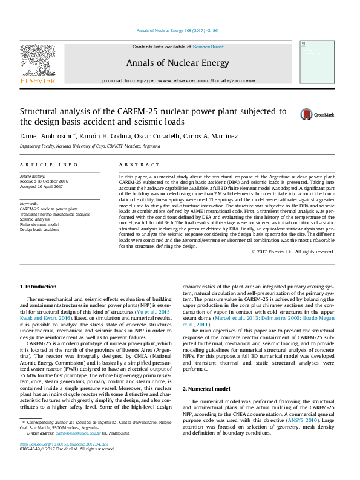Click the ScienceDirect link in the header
[208, 47]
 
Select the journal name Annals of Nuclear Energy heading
[177, 63]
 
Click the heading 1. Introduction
[39, 287]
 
